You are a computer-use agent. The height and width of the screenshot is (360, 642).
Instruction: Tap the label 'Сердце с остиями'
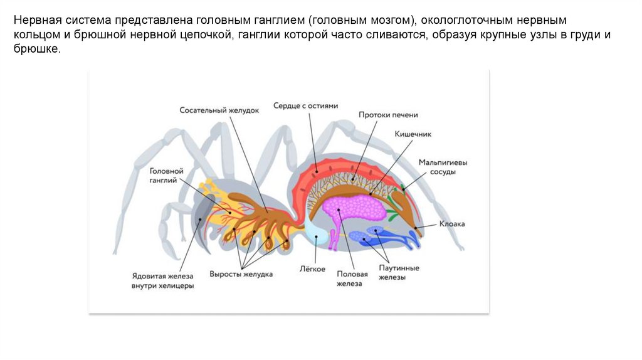[305, 106]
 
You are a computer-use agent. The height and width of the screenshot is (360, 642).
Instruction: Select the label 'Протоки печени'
[388, 115]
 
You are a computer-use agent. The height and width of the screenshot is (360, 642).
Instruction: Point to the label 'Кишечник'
[413, 134]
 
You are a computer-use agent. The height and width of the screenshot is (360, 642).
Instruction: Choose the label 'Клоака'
[452, 224]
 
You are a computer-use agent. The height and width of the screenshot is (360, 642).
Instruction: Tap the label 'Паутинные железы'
[399, 272]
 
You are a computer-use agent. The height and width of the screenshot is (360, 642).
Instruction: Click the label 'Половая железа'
[349, 278]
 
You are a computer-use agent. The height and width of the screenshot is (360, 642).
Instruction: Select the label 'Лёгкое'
[313, 269]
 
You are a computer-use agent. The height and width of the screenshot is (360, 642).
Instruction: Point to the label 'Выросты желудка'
[241, 274]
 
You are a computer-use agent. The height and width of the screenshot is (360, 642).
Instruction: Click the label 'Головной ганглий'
[166, 176]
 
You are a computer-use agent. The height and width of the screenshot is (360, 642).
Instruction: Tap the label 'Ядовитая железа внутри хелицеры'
[162, 280]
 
